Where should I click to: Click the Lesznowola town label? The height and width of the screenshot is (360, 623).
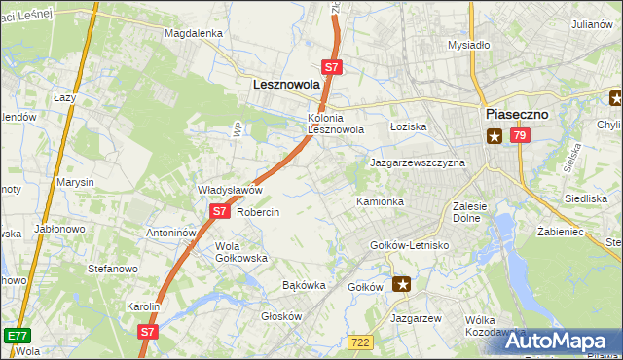[x=286, y=85]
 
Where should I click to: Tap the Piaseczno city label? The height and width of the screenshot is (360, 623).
[x=516, y=114]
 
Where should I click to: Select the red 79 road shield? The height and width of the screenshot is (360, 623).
[x=519, y=136]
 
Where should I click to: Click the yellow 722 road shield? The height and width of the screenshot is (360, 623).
[x=361, y=342]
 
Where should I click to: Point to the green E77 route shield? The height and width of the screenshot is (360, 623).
[x=16, y=335]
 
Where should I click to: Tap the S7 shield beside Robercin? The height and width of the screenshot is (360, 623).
[x=220, y=210]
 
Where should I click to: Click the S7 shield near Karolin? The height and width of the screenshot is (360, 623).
[x=147, y=331]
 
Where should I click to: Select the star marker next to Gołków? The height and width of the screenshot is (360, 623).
[x=401, y=284]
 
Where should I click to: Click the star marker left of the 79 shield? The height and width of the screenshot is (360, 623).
[x=495, y=136]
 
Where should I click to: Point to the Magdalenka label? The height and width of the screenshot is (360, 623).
[x=194, y=32]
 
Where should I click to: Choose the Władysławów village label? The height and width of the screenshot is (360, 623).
[x=231, y=190]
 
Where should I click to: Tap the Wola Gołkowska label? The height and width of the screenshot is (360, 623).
[x=240, y=252]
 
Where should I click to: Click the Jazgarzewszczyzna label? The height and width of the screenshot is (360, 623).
[x=418, y=162]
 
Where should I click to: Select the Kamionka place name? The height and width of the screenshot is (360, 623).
[x=380, y=201]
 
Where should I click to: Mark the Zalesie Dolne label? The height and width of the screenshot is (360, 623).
[x=476, y=212]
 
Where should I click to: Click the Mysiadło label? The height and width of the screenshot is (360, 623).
[x=468, y=45]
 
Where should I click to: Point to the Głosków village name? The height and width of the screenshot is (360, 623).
[x=282, y=316]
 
